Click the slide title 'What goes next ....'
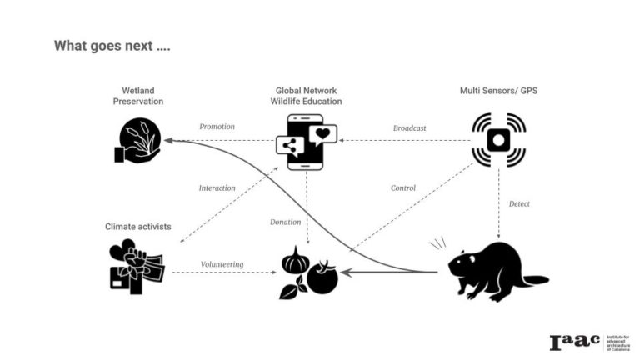pyautogui.click(x=112, y=45)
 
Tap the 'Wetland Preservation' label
pyautogui.click(x=138, y=96)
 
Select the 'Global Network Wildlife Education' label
pyautogui.click(x=308, y=96)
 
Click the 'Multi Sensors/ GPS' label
pyautogui.click(x=498, y=90)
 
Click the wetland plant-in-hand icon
pyautogui.click(x=137, y=140)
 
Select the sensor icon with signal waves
pyautogui.click(x=498, y=140)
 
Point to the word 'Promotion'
pyautogui.click(x=217, y=127)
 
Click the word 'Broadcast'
pyautogui.click(x=409, y=127)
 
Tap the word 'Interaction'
pyautogui.click(x=217, y=187)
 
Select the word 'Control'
pyautogui.click(x=403, y=187)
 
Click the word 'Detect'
pyautogui.click(x=519, y=203)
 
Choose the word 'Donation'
pyautogui.click(x=286, y=222)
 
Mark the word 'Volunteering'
pyautogui.click(x=222, y=264)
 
